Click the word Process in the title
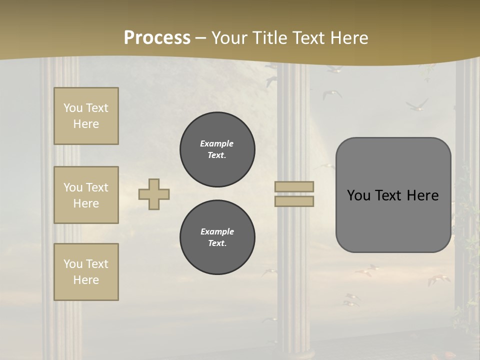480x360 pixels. pyautogui.click(x=157, y=38)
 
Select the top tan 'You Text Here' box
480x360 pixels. pyautogui.click(x=86, y=116)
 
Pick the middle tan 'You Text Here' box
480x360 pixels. pyautogui.click(x=86, y=195)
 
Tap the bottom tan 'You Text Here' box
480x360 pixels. pyautogui.click(x=86, y=272)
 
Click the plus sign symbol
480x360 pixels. pyautogui.click(x=153, y=194)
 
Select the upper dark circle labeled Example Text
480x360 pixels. pyautogui.click(x=217, y=149)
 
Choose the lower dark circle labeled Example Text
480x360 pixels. pyautogui.click(x=217, y=237)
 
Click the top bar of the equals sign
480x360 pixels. pyautogui.click(x=294, y=187)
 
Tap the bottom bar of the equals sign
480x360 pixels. pyautogui.click(x=294, y=201)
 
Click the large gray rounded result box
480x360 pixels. pyautogui.click(x=393, y=220)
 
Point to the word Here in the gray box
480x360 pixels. pyautogui.click(x=422, y=195)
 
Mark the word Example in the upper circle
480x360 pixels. pyautogui.click(x=217, y=143)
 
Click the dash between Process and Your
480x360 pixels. pyautogui.click(x=200, y=38)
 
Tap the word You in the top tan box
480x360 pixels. pyautogui.click(x=73, y=108)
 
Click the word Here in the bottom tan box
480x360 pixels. pyautogui.click(x=86, y=280)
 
